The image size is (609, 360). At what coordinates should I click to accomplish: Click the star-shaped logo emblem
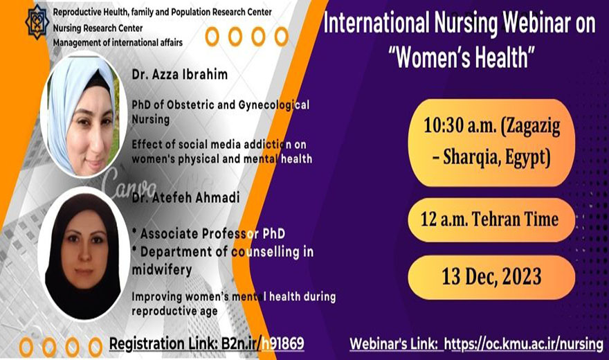(37, 22)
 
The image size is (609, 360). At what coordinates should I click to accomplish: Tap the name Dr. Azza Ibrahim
(180, 74)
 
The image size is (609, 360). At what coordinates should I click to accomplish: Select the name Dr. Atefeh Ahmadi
(185, 197)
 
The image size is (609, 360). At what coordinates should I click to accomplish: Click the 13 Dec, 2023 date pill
(491, 277)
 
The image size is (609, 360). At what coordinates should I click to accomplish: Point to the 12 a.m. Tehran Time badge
(491, 219)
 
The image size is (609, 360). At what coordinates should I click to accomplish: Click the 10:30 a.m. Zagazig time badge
(492, 142)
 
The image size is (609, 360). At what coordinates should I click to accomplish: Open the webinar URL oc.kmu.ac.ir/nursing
(524, 343)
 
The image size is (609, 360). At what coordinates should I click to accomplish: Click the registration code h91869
(283, 343)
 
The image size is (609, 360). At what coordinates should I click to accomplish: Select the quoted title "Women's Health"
(462, 57)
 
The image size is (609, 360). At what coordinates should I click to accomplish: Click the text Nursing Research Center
(98, 28)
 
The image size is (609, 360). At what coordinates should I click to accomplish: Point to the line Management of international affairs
(118, 42)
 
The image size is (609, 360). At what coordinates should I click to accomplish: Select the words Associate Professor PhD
(213, 233)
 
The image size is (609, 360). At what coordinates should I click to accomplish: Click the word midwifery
(162, 269)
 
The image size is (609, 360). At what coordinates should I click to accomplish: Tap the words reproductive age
(174, 311)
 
